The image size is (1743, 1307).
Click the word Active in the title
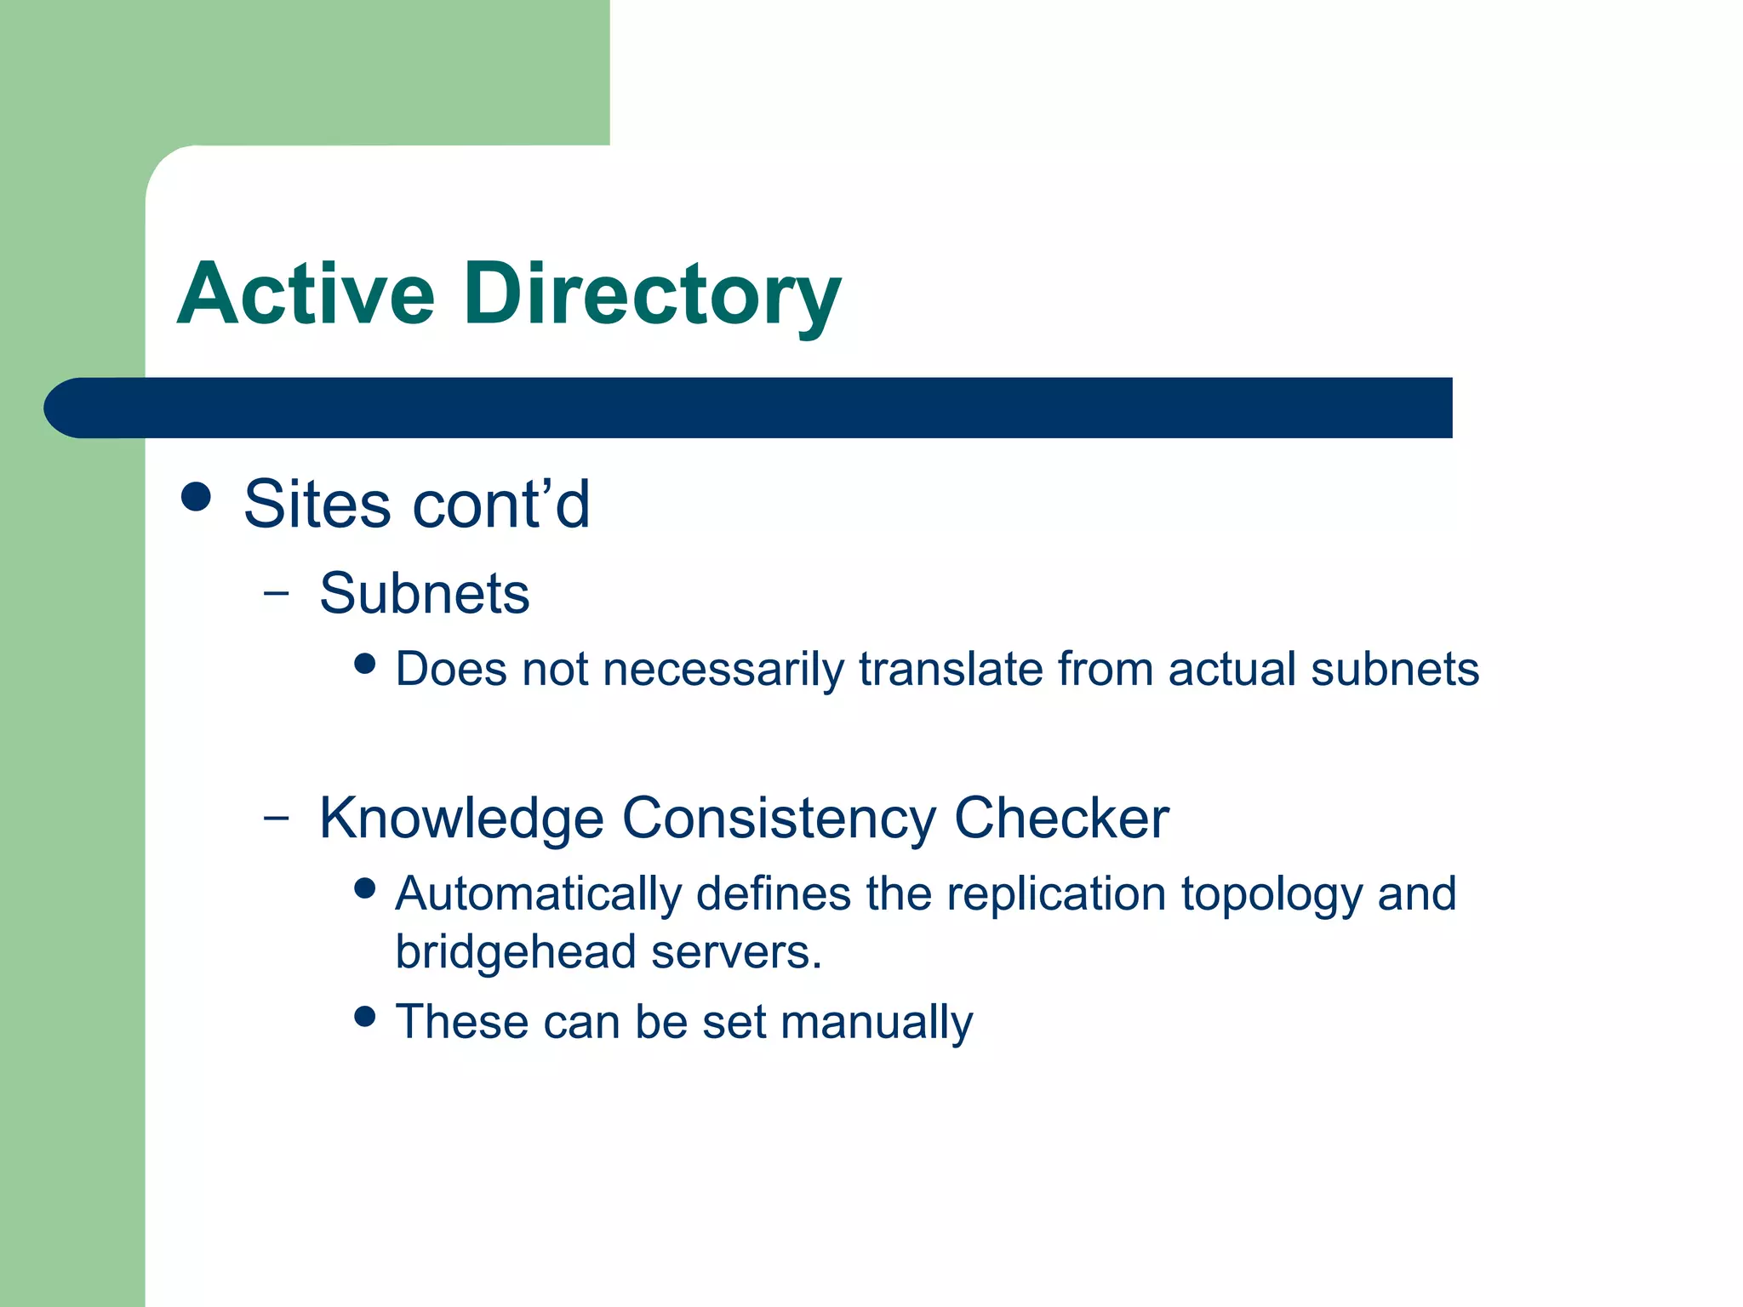[306, 294]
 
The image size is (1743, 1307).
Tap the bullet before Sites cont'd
[197, 497]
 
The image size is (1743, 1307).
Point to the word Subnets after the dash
[424, 593]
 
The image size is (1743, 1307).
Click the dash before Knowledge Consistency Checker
[276, 818]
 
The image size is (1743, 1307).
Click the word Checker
[1060, 819]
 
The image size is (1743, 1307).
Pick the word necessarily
[723, 670]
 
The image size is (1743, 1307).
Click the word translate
[951, 669]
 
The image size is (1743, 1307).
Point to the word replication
[1055, 895]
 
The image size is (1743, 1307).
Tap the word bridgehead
[516, 952]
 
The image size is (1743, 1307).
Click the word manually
[877, 1023]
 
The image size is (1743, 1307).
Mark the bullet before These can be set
[365, 1016]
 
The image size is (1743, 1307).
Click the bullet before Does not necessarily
[365, 664]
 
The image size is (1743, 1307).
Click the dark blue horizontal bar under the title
[749, 408]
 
